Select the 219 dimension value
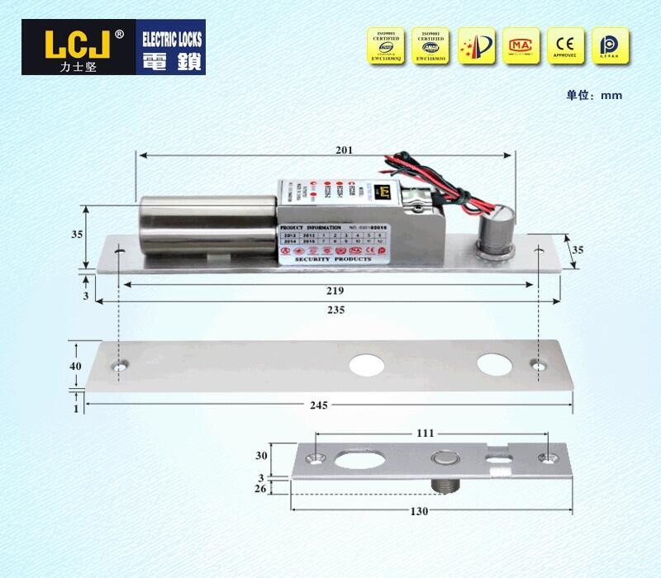[335, 291]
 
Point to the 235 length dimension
[335, 309]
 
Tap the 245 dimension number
[319, 405]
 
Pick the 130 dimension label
[419, 511]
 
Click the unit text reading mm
[611, 95]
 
